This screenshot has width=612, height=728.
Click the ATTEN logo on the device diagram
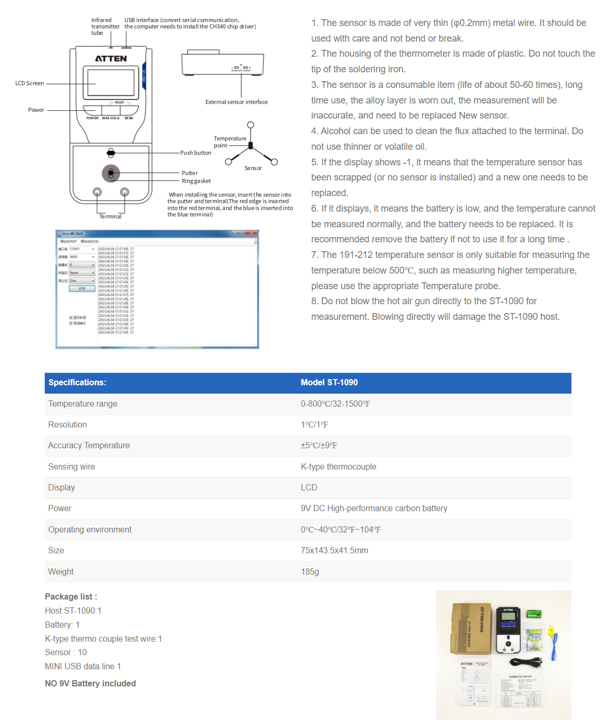[111, 59]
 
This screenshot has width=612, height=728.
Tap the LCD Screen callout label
[30, 83]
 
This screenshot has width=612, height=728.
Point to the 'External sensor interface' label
[237, 102]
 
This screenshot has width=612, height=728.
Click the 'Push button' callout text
[196, 153]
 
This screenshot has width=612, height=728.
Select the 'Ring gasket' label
[196, 181]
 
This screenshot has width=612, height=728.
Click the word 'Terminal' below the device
[110, 216]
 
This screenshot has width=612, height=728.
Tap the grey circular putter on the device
[111, 173]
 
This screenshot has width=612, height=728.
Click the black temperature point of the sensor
[251, 146]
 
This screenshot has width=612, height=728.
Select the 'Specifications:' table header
[77, 383]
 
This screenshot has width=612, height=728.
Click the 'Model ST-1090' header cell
[329, 383]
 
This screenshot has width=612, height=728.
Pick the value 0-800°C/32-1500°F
[335, 404]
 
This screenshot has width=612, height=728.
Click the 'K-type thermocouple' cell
[338, 467]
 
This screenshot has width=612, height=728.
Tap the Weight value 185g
[310, 572]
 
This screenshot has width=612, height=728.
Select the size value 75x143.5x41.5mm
[334, 551]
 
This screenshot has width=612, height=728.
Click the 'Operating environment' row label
[90, 530]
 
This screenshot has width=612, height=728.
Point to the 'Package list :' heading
[71, 597]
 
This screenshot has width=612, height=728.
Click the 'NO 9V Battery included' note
[90, 684]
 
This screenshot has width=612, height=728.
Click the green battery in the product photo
[534, 615]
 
